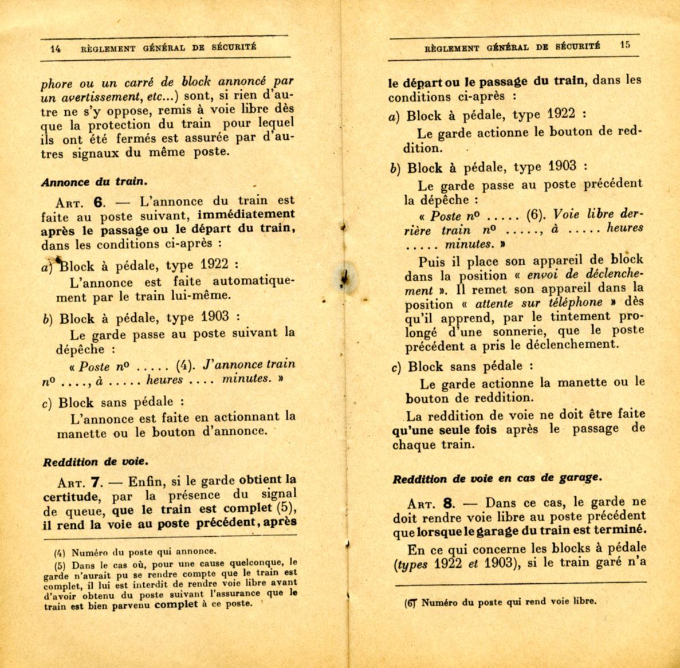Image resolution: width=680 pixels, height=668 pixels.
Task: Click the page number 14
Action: [56, 49]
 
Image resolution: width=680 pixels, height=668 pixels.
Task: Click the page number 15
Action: [625, 45]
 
